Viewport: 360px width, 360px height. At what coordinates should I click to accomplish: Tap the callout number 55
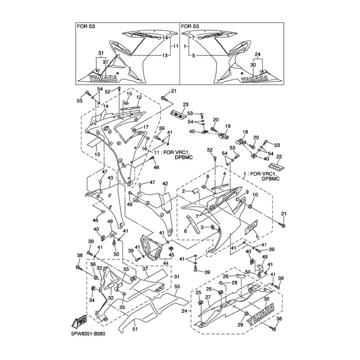point(177,286)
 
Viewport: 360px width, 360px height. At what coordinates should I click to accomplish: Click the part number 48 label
point(157,167)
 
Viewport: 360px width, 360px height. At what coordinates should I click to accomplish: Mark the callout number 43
point(110,178)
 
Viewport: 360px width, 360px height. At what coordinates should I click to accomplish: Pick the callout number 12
point(139,97)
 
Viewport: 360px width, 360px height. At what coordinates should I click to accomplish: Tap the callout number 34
point(91,300)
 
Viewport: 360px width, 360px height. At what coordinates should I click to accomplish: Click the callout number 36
point(93,264)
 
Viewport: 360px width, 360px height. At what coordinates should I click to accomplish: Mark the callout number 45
point(171,255)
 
